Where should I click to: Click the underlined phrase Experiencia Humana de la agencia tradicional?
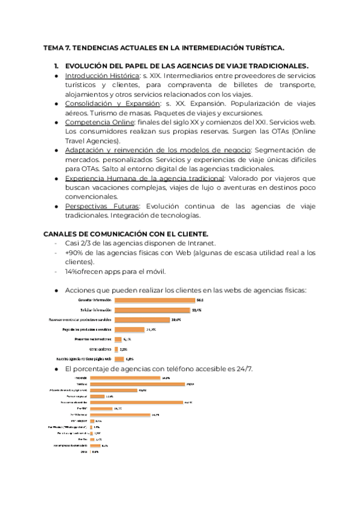point(143,178)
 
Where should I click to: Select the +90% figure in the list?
point(76,253)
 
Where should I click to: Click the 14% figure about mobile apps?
point(74,271)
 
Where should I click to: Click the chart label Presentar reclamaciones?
point(93,339)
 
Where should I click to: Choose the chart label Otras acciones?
point(100,349)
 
